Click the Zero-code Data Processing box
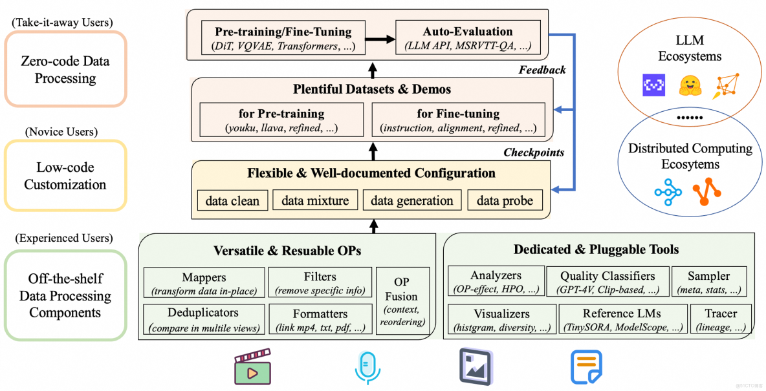click(65, 70)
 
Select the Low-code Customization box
click(65, 176)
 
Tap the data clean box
click(232, 200)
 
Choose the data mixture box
click(315, 200)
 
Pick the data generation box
click(412, 200)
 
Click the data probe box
click(505, 200)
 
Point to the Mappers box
click(204, 283)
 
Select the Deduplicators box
click(204, 319)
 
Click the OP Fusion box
click(402, 301)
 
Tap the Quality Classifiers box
click(607, 282)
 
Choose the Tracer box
click(721, 320)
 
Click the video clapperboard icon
click(252, 367)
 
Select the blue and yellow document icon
click(586, 367)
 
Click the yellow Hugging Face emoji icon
click(691, 85)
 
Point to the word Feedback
click(542, 70)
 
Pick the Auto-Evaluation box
click(468, 38)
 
